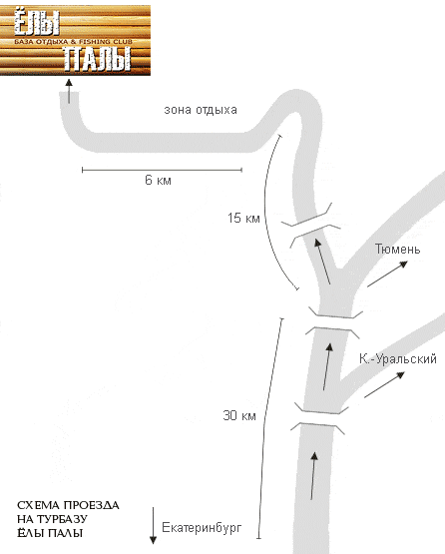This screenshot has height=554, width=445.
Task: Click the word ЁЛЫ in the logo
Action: click(x=37, y=23)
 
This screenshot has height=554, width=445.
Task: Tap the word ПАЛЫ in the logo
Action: click(x=97, y=58)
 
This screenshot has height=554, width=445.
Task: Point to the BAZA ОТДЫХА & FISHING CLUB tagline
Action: click(x=73, y=41)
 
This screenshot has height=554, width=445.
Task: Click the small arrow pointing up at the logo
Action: click(x=69, y=91)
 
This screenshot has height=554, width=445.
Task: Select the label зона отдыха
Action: click(x=201, y=110)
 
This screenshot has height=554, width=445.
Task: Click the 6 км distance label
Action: click(x=158, y=181)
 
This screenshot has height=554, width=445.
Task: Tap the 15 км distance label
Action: click(x=243, y=218)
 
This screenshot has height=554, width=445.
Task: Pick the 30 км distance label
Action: click(x=239, y=415)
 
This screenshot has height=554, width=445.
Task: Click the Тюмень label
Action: click(x=398, y=250)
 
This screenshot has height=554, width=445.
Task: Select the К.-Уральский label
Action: click(x=398, y=359)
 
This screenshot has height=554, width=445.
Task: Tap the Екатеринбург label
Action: click(x=202, y=528)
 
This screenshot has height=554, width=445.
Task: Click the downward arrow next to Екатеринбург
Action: click(x=153, y=526)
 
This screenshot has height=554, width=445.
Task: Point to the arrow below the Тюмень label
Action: click(x=387, y=274)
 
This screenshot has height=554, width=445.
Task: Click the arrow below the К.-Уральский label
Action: click(x=384, y=384)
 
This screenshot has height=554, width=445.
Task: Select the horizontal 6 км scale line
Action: click(x=162, y=170)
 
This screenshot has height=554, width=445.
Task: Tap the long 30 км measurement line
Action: click(x=270, y=428)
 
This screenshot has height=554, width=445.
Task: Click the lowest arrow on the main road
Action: click(x=313, y=475)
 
